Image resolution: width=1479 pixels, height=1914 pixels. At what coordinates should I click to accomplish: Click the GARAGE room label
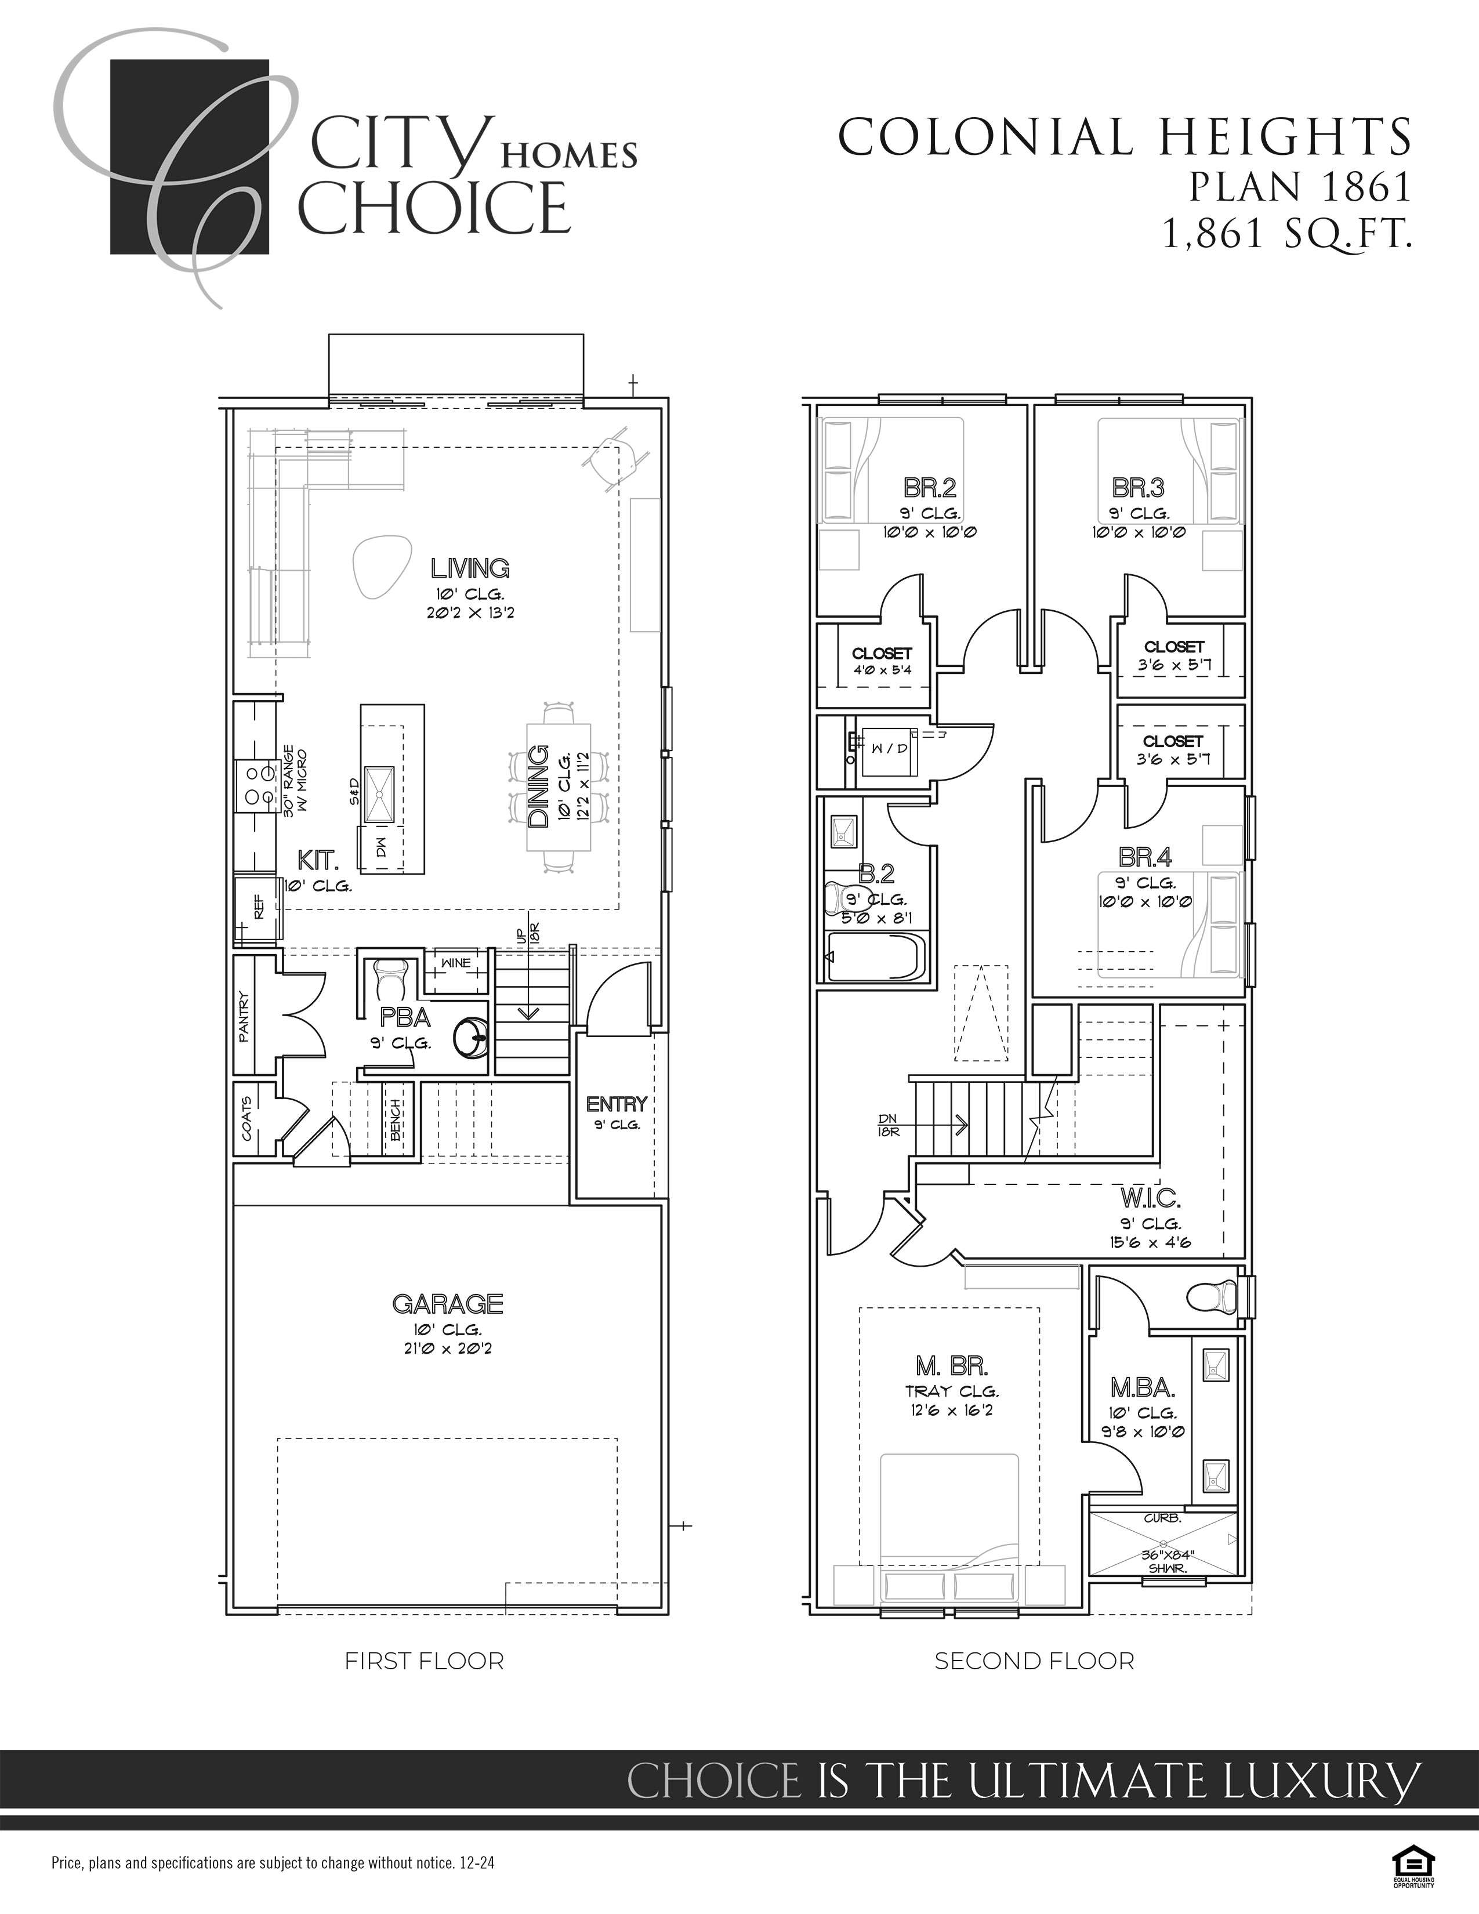coord(448,1304)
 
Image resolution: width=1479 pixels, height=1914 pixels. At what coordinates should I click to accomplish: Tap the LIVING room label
coord(470,569)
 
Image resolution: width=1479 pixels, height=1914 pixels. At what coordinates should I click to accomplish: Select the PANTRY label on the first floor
coord(244,1017)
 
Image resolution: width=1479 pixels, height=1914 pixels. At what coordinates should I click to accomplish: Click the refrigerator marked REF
coord(257,911)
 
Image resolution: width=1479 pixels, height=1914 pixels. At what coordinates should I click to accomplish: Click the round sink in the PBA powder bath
coord(472,1039)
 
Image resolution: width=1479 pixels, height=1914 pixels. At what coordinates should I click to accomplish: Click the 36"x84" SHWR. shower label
coord(1163,1563)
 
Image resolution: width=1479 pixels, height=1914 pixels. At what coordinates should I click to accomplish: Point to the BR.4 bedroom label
coord(1145,856)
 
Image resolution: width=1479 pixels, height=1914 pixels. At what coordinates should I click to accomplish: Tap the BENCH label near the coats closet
coord(396,1120)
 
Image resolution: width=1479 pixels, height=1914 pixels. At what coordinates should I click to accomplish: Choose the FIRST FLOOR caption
coord(424,1661)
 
